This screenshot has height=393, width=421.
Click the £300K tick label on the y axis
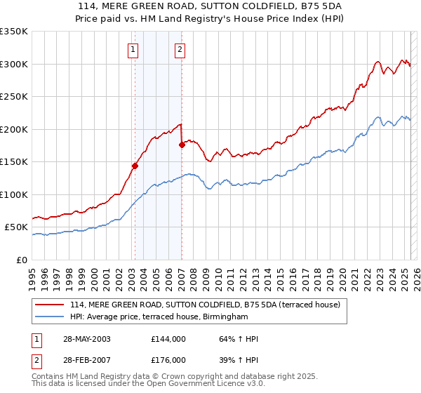pyautogui.click(x=14, y=64)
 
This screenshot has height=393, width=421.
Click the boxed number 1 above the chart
pyautogui.click(x=133, y=49)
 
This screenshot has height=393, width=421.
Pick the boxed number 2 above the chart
pyautogui.click(x=180, y=49)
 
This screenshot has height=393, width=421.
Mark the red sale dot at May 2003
pyautogui.click(x=135, y=166)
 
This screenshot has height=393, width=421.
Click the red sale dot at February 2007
pyautogui.click(x=182, y=145)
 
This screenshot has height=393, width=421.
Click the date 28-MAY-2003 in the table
pyautogui.click(x=83, y=339)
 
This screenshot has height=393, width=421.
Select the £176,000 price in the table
pyautogui.click(x=168, y=360)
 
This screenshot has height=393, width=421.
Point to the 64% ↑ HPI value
pyautogui.click(x=234, y=339)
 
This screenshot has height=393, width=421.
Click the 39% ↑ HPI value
pyautogui.click(x=234, y=360)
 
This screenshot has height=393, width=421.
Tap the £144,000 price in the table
pyautogui.click(x=168, y=339)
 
